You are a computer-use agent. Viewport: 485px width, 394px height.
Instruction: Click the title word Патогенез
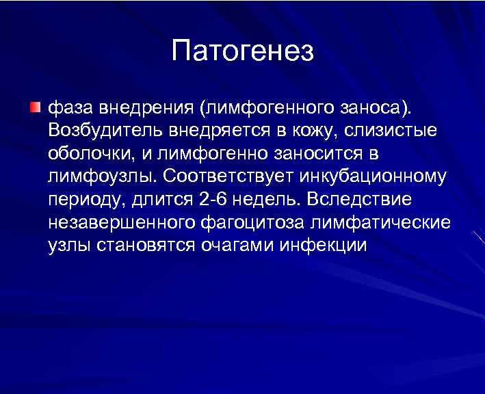coord(242,52)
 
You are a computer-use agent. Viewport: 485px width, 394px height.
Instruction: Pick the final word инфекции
coord(324,246)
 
